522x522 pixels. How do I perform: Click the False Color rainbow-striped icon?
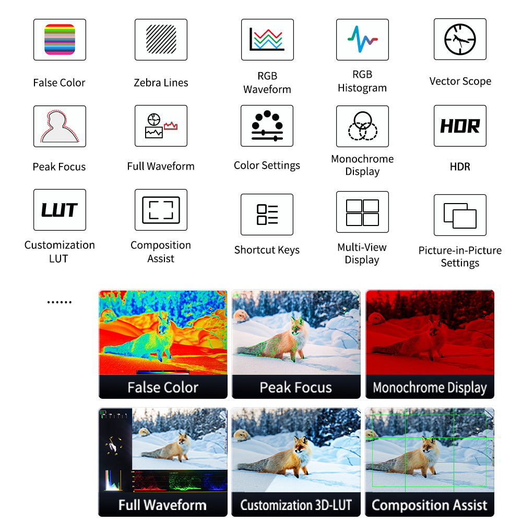tap(60, 39)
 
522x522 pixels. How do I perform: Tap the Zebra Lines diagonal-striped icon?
tap(161, 39)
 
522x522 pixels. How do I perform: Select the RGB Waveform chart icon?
tap(267, 39)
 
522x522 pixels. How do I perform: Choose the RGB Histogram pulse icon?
tap(362, 39)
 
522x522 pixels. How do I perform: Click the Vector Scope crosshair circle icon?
tap(460, 39)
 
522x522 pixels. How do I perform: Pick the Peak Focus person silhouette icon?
tap(60, 126)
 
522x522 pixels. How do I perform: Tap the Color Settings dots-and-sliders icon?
tap(267, 126)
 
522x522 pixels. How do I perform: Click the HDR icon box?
tap(460, 126)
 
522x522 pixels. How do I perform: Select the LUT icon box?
tap(60, 210)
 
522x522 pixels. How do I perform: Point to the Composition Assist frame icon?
tap(161, 210)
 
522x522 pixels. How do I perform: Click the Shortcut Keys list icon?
tap(267, 215)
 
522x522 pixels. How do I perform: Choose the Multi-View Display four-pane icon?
tap(362, 212)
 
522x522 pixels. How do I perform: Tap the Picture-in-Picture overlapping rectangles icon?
tap(460, 216)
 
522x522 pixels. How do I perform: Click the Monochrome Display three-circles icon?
tap(363, 126)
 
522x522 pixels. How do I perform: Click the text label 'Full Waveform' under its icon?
tap(161, 166)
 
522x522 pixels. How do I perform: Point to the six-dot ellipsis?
tap(60, 302)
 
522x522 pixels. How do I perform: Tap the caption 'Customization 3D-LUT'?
tap(296, 505)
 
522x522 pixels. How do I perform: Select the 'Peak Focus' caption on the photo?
tap(296, 387)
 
